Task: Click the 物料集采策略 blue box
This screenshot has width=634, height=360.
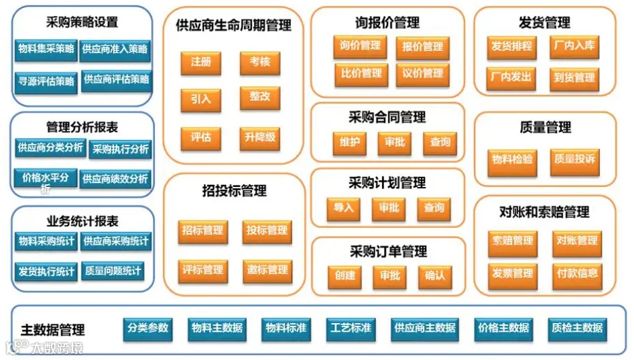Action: coord(46,49)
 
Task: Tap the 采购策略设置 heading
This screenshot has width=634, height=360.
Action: coord(82,22)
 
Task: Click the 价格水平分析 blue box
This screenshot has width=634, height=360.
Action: coord(46,178)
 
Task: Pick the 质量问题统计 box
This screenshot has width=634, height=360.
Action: coord(113,272)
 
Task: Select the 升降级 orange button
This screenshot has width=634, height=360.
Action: coord(260,139)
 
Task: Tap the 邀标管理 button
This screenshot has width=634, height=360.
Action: coord(267,270)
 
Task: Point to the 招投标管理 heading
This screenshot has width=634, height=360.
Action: coord(234,191)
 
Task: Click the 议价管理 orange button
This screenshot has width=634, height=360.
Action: coord(422,74)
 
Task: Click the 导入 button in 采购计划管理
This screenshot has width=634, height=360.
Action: coord(343,208)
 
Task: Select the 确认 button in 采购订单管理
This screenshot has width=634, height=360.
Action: coord(434,276)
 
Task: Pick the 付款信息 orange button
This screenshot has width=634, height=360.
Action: coord(577,274)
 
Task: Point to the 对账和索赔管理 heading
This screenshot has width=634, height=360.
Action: coord(544,213)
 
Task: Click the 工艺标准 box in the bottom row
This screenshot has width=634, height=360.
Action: coord(351,328)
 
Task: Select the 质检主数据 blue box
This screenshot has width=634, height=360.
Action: coord(577,328)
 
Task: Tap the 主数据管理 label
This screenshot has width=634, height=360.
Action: coord(53,330)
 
